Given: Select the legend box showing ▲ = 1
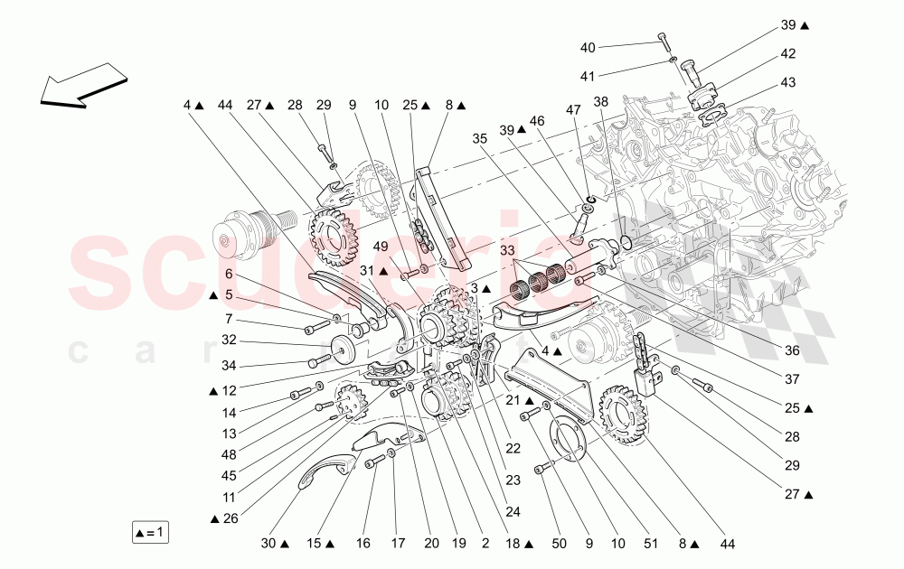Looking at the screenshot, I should (x=150, y=532).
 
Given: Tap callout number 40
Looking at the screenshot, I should (x=588, y=47).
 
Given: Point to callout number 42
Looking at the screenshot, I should (x=788, y=53).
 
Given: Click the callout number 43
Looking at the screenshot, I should (x=788, y=83).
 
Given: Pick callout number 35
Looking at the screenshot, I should (x=480, y=139).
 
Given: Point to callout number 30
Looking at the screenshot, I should (x=268, y=545).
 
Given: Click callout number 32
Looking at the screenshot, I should (x=229, y=340).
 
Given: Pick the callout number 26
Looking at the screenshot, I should (x=229, y=518).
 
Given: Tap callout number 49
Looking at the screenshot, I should (x=381, y=247).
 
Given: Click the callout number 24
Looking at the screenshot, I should (x=513, y=511).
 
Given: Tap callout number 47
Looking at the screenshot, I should (x=573, y=109).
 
